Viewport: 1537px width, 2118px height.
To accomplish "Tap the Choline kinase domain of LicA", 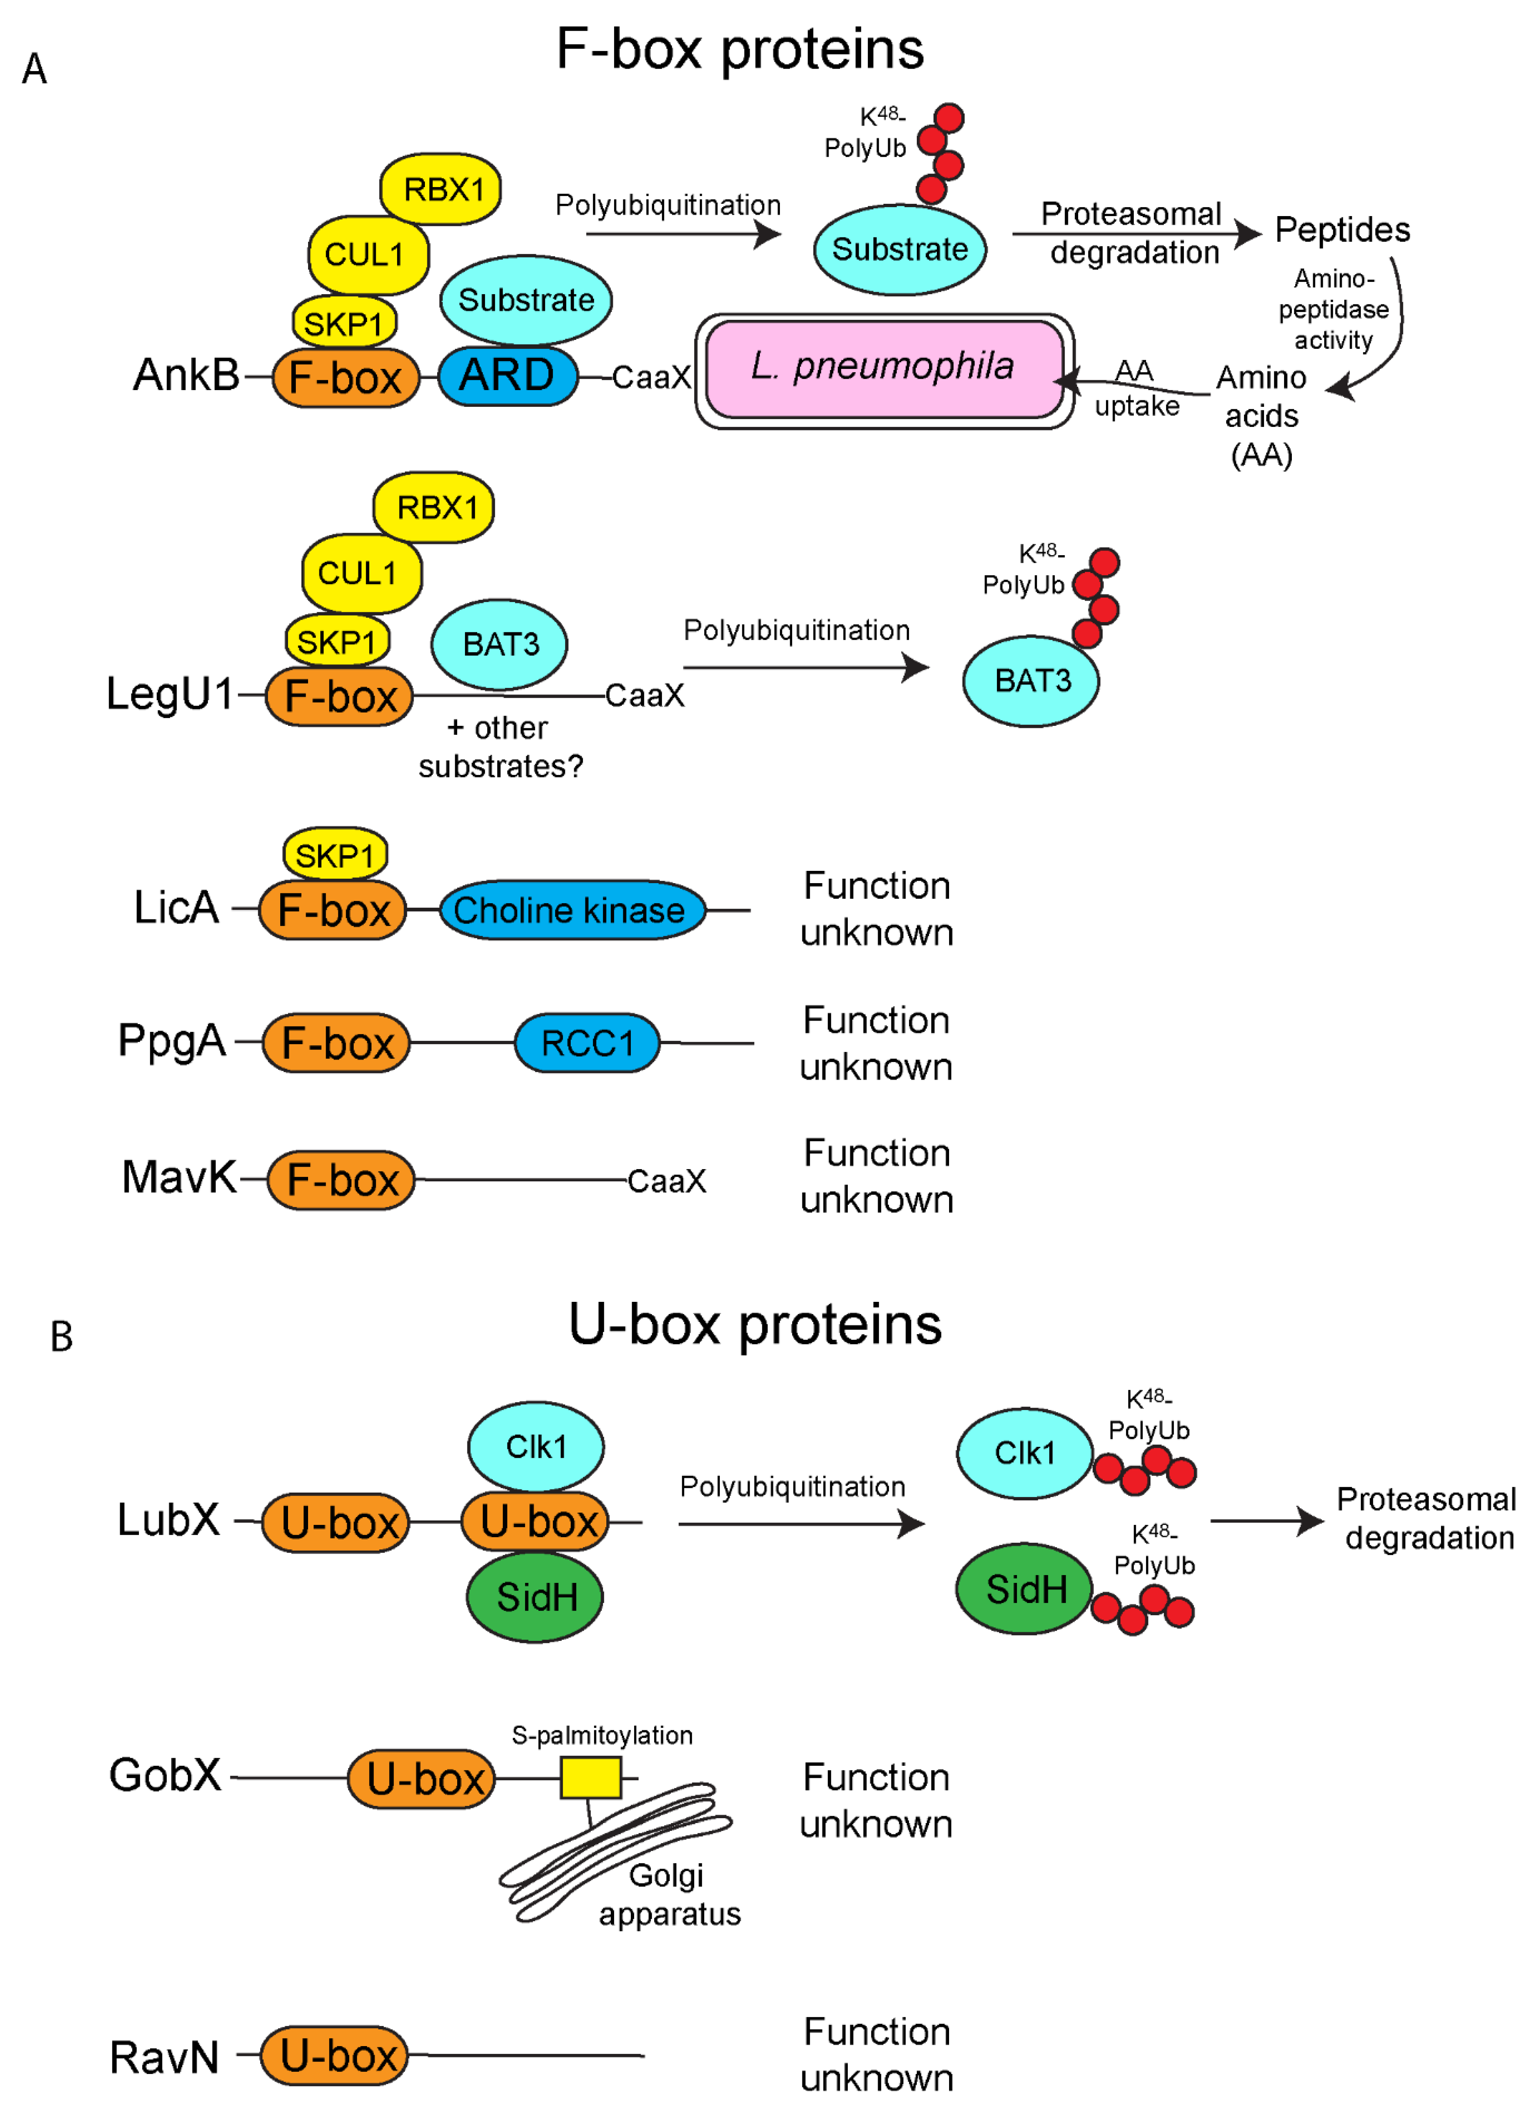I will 570,910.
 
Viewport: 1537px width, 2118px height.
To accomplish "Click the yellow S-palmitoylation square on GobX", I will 590,1777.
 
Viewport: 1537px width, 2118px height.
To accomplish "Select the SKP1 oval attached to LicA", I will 334,855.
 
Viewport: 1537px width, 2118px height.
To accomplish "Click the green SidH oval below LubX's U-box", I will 535,1597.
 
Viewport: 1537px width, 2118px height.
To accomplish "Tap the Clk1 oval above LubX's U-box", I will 535,1446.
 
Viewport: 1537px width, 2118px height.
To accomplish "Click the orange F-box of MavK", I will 341,1179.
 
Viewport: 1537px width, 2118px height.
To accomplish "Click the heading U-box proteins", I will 755,1324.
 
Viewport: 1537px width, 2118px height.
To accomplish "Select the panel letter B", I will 62,1336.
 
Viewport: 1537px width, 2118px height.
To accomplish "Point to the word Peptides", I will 1342,230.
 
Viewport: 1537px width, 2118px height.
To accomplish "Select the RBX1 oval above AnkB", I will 441,190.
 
